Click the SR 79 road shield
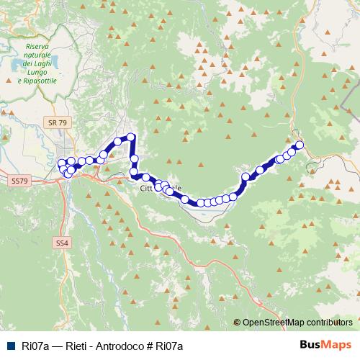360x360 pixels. (x=58, y=123)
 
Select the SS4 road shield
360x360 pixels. (x=62, y=244)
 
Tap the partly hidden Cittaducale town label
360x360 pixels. (x=156, y=189)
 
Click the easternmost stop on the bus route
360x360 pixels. (x=300, y=145)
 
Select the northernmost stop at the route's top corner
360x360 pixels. (x=131, y=136)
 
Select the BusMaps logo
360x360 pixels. (x=325, y=345)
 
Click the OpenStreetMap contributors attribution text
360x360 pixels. (x=297, y=322)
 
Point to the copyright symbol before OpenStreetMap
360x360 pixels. (x=237, y=322)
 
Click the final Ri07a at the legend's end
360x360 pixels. (x=170, y=346)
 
